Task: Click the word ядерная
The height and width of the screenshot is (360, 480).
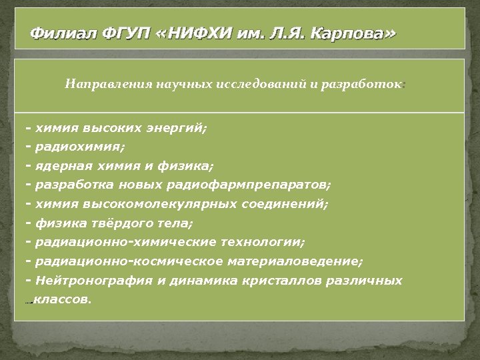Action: click(x=60, y=164)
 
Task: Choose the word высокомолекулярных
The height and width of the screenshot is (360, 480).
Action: click(x=150, y=202)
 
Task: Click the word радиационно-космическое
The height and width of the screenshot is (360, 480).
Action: click(x=127, y=261)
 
